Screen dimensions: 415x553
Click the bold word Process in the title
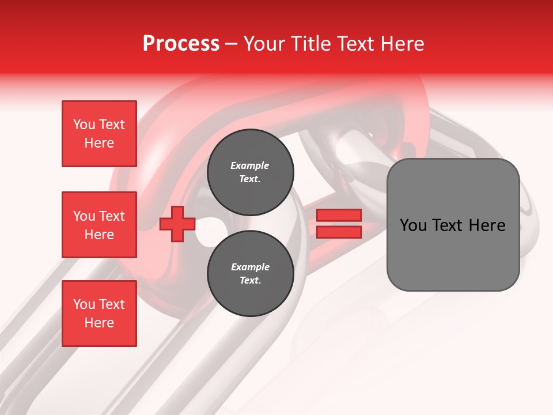(181, 44)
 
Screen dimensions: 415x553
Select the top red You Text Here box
(99, 134)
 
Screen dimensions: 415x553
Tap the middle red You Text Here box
(99, 225)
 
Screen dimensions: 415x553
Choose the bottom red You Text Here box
(99, 314)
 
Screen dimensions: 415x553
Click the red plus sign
(177, 224)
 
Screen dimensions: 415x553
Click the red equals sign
(339, 224)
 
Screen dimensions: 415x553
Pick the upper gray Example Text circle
(250, 172)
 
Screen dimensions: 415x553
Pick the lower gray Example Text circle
(250, 274)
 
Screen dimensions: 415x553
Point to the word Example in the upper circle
(250, 165)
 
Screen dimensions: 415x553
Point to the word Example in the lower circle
(250, 267)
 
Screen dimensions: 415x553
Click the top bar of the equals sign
(339, 216)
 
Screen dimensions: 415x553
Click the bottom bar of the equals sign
(339, 232)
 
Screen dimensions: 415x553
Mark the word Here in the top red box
(99, 143)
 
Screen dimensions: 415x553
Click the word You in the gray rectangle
(414, 225)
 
